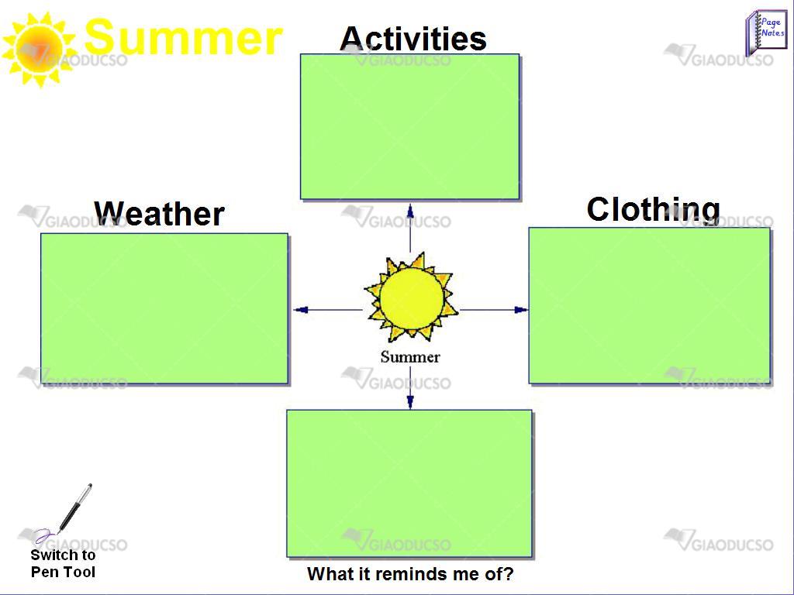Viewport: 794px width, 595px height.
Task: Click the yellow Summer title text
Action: tap(183, 37)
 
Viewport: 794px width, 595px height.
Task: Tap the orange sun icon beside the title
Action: tap(40, 50)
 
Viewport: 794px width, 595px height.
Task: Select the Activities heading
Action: tap(413, 38)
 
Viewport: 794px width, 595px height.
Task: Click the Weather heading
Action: tap(159, 214)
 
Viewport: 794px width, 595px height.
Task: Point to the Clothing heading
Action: tap(653, 209)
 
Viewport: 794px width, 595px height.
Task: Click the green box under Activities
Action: tap(410, 126)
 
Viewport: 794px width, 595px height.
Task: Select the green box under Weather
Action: tap(164, 308)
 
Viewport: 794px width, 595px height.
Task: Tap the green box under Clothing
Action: tap(651, 305)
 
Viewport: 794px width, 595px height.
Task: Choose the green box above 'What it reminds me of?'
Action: tap(409, 483)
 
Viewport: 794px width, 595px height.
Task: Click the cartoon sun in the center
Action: tap(411, 297)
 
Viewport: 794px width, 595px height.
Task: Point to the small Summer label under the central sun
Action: tap(410, 357)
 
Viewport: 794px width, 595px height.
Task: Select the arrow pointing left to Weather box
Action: tap(328, 310)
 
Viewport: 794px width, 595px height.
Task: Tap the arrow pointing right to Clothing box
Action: tap(494, 310)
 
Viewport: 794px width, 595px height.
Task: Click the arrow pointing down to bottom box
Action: tap(410, 387)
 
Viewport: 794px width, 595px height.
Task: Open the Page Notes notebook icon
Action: tap(766, 33)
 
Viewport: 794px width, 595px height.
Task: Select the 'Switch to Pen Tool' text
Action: tap(64, 564)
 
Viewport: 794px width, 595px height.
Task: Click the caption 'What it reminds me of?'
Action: tap(410, 574)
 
